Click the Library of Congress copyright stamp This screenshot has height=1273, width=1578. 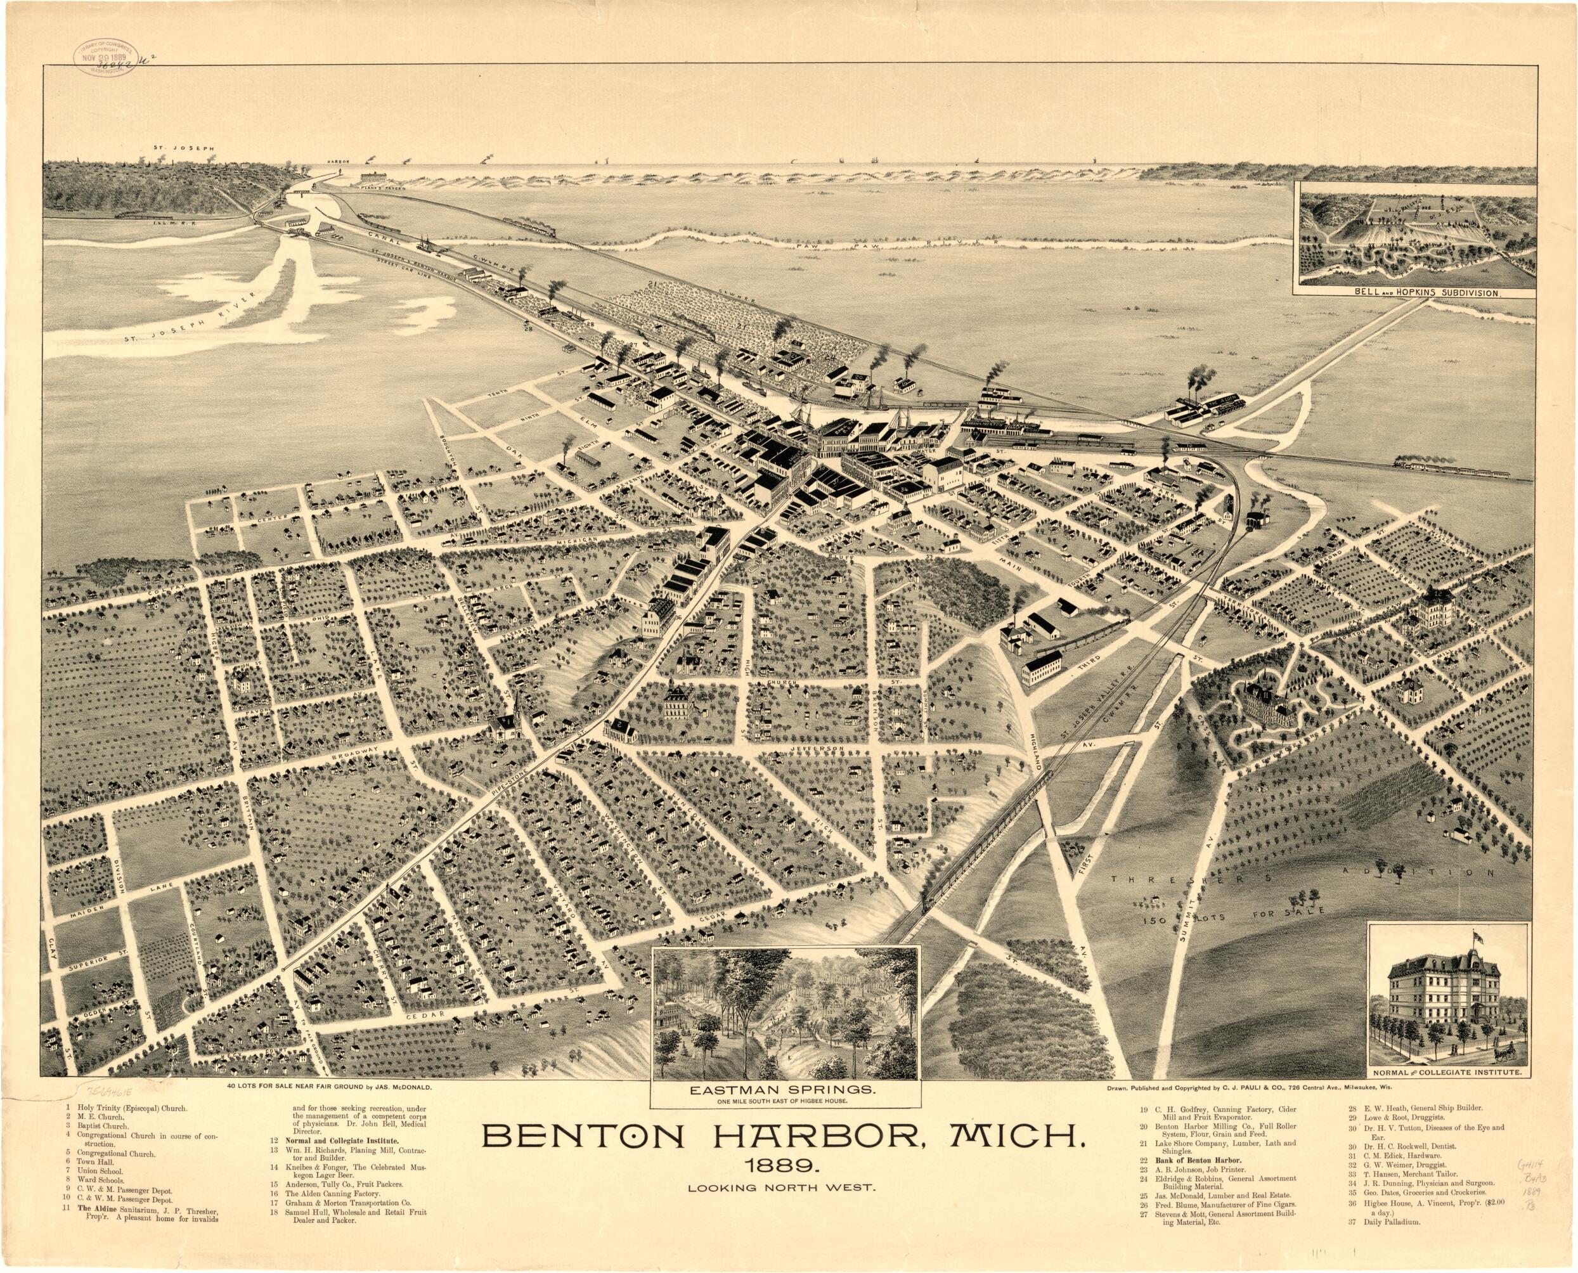tap(104, 57)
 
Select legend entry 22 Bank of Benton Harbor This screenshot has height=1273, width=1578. tap(1195, 1180)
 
